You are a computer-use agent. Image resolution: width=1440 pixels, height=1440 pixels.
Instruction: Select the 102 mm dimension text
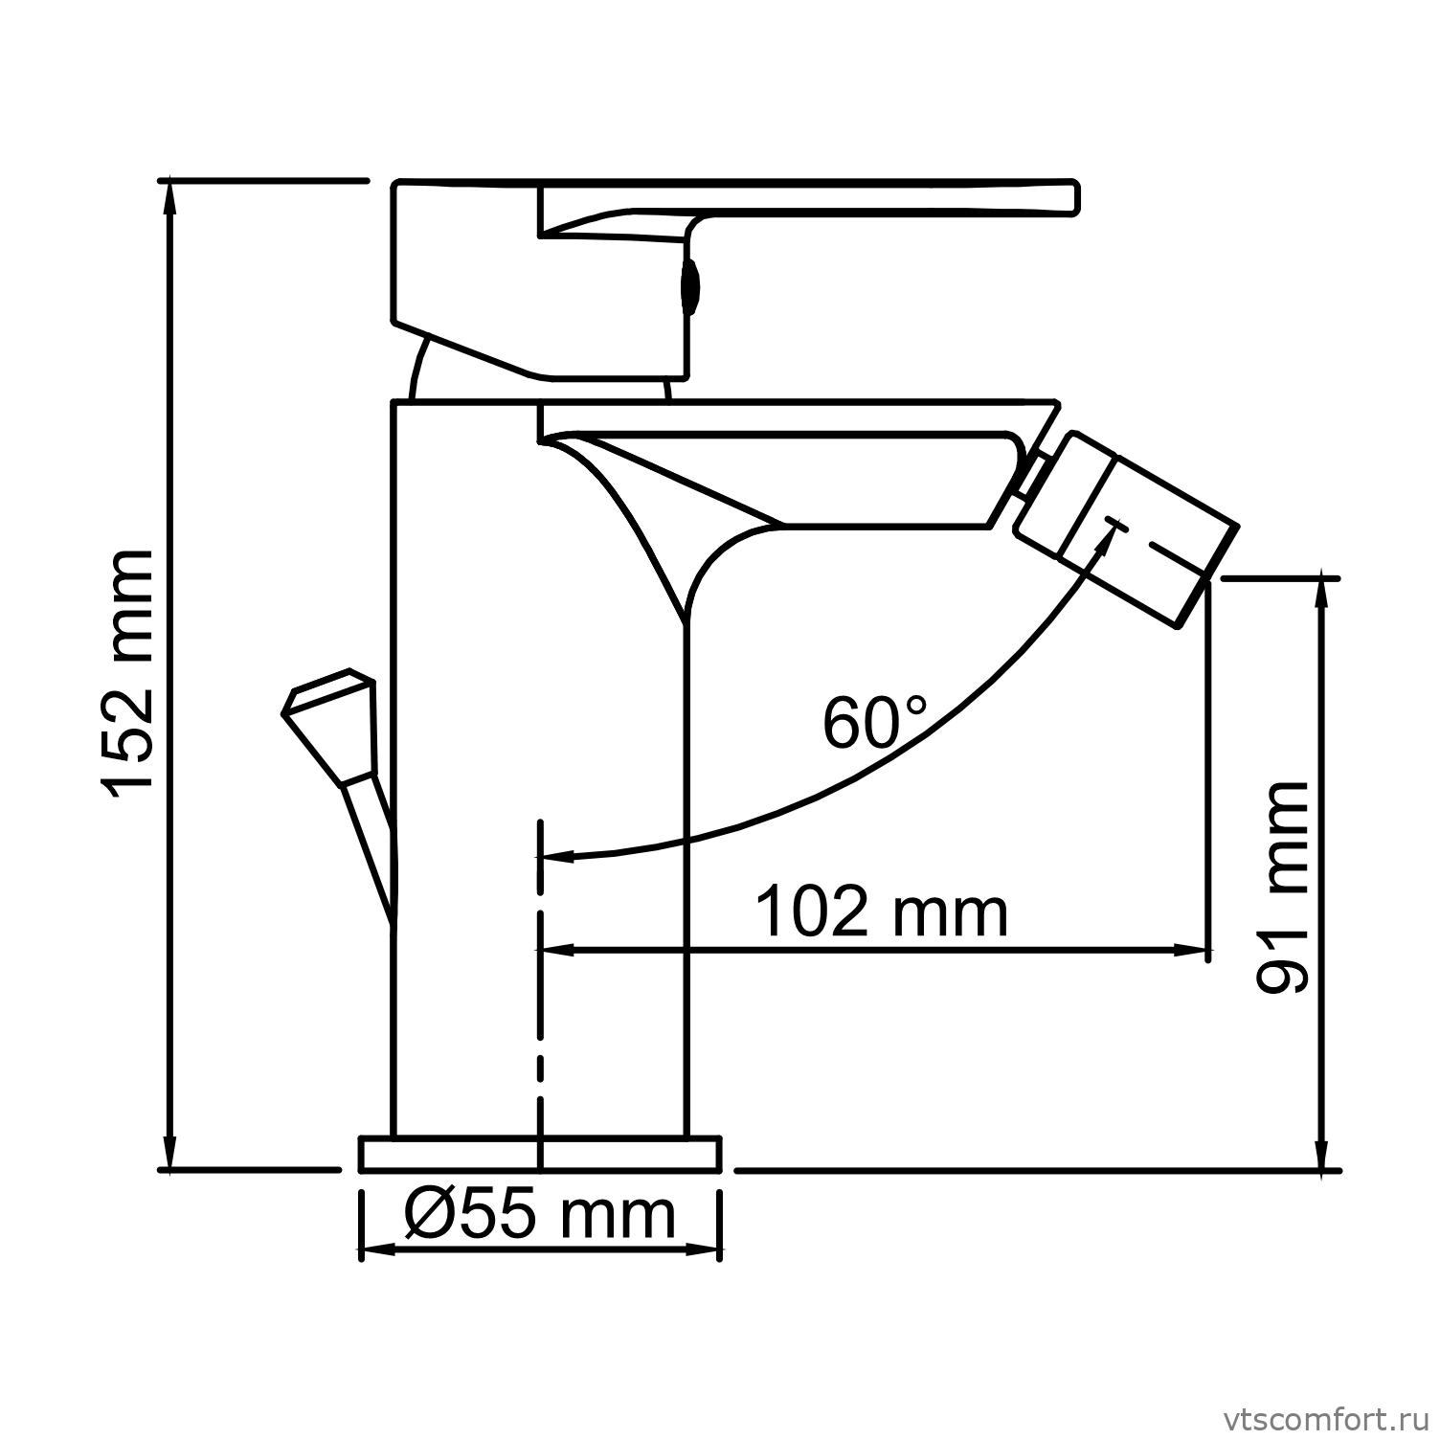coord(882,911)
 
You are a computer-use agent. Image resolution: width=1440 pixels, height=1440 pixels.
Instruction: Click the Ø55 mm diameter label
coord(540,1216)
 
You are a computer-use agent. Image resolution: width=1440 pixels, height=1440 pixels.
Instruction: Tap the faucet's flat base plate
coord(540,1154)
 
